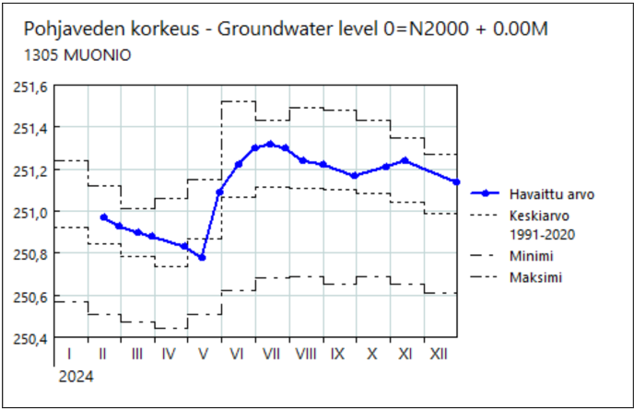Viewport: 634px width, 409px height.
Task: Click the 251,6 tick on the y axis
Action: coord(32,86)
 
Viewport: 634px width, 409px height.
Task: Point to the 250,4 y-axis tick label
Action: coord(32,338)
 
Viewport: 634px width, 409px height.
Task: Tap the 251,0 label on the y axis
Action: coord(32,212)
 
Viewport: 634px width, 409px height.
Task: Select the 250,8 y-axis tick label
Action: coord(32,254)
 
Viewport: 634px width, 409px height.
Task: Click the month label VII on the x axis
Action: coord(271,354)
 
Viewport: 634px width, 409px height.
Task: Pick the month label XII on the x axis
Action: coord(439,354)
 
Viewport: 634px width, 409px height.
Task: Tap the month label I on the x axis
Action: coord(69,354)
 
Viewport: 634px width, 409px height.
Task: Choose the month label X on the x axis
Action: coord(371,354)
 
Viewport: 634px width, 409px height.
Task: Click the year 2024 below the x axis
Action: coord(76,376)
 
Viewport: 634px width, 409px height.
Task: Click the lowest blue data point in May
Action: coord(202,257)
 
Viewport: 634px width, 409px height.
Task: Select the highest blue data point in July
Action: coord(269,144)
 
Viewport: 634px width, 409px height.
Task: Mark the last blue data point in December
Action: coord(456,182)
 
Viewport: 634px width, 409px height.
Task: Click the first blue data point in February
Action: coord(103,217)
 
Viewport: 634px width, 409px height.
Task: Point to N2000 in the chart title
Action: coord(432,29)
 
